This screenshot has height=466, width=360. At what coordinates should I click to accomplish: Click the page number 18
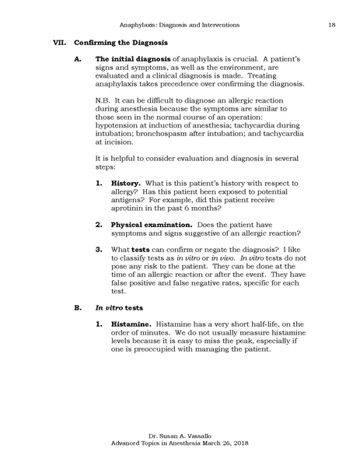[x=331, y=26]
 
